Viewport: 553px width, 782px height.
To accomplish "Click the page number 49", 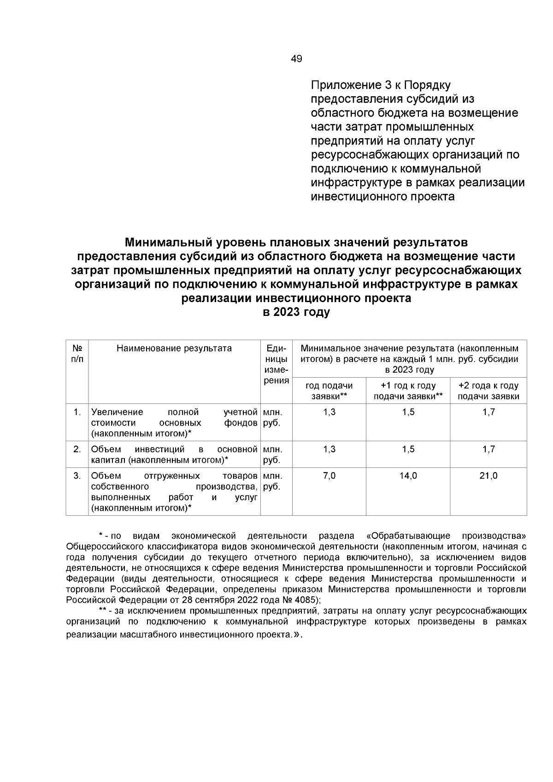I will pos(296,59).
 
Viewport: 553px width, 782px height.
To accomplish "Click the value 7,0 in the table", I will pos(329,476).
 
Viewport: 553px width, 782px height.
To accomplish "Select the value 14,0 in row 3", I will pos(408,476).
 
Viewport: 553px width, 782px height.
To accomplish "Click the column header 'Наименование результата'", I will pos(174,348).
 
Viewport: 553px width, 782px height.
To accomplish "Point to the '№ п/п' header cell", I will pos(77,353).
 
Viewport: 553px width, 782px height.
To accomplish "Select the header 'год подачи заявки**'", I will pos(329,391).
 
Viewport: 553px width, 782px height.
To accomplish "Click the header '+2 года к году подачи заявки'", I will pos(488,391).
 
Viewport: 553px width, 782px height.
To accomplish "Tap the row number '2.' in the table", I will pos(77,449).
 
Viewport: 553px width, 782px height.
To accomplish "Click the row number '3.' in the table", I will pos(77,476).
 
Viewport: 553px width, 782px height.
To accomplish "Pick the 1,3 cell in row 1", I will pos(329,412).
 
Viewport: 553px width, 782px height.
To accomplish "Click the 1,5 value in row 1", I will pos(408,412).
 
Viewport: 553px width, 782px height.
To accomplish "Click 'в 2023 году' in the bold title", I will pos(296,312).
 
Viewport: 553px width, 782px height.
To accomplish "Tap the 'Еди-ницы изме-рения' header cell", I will pos(276,364).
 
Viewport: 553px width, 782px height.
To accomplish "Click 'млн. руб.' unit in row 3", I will pos(272,481).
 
